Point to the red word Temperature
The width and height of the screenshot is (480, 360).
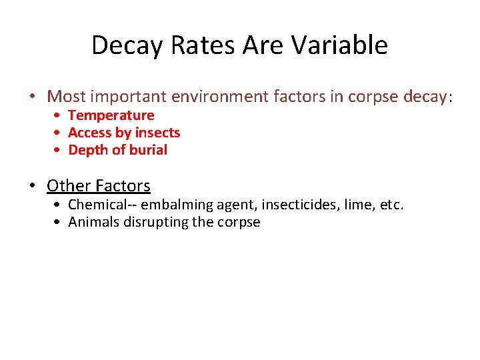tap(111, 115)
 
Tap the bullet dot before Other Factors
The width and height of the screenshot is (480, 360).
tap(33, 186)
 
